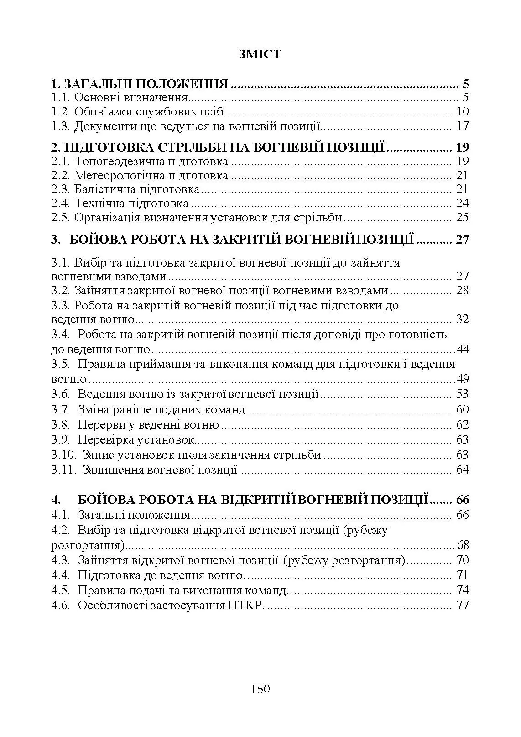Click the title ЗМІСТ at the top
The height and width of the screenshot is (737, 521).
[260, 55]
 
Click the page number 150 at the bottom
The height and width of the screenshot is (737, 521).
[260, 689]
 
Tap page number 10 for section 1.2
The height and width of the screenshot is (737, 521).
[462, 112]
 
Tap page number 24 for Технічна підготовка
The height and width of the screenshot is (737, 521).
[462, 204]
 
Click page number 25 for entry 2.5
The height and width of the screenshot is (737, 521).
[462, 218]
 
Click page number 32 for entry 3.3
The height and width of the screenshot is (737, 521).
[462, 319]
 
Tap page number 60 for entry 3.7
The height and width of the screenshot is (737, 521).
[462, 410]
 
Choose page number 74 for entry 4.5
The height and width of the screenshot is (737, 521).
[462, 591]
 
